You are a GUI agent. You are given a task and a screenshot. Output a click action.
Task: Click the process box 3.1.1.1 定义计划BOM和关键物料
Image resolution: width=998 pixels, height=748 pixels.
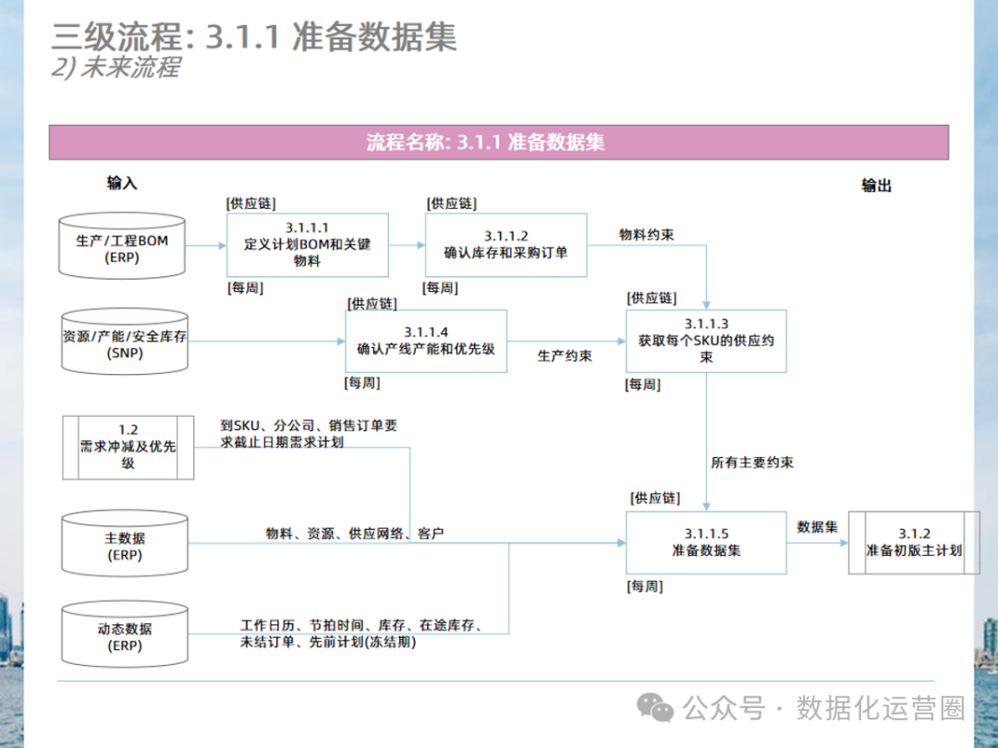click(x=307, y=245)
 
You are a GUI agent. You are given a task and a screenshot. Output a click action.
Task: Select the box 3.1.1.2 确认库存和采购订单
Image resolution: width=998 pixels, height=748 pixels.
click(x=505, y=245)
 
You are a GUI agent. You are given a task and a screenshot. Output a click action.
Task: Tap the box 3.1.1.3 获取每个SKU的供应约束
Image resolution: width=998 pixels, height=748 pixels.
click(x=706, y=340)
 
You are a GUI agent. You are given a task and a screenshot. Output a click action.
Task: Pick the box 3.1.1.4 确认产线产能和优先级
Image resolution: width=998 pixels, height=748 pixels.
click(x=426, y=340)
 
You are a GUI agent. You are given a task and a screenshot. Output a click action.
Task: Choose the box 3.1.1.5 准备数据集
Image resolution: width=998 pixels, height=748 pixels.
click(x=706, y=542)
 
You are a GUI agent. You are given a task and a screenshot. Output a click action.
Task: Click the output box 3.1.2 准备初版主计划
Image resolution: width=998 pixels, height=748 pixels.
click(x=913, y=542)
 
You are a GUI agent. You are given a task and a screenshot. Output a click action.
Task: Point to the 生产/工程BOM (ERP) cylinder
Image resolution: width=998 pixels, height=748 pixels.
click(x=122, y=248)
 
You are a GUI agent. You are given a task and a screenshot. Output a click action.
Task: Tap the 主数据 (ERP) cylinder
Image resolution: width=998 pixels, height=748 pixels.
click(x=124, y=545)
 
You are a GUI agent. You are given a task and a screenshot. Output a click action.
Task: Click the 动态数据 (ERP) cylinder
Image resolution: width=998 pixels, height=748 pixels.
click(x=124, y=636)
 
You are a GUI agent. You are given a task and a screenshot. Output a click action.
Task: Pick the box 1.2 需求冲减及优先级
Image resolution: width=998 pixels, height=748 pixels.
click(x=128, y=447)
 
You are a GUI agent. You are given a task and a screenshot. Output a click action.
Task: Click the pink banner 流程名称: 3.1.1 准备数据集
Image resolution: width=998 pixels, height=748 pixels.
click(x=499, y=142)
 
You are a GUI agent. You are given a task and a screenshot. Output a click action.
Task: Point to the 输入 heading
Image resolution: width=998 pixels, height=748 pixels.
click(x=122, y=183)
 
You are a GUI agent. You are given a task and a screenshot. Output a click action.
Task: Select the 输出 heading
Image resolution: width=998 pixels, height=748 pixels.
click(x=876, y=186)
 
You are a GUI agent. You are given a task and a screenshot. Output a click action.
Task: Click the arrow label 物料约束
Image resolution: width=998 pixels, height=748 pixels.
click(x=646, y=235)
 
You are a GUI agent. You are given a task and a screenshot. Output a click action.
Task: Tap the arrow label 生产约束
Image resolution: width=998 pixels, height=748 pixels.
click(x=565, y=356)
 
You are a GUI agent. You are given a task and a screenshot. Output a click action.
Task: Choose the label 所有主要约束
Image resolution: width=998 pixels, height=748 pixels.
click(x=751, y=462)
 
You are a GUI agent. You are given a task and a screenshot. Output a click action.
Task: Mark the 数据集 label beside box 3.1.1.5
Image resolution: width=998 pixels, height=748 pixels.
click(x=817, y=526)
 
